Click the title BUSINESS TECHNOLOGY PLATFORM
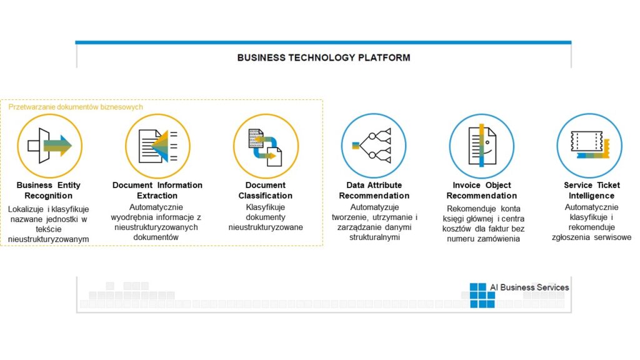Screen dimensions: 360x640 click(x=323, y=57)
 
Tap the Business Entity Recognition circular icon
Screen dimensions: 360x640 click(x=49, y=146)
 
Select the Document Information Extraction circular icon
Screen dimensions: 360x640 click(x=157, y=146)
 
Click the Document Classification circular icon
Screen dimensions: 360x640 click(x=265, y=146)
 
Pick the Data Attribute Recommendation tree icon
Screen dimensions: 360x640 click(x=373, y=146)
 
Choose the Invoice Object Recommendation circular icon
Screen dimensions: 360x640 click(x=481, y=146)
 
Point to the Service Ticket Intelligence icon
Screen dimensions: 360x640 click(x=589, y=146)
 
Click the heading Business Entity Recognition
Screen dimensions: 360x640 click(x=49, y=191)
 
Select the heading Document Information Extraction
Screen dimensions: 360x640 click(x=157, y=191)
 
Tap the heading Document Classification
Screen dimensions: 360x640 click(x=265, y=191)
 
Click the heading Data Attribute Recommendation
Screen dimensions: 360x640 click(x=374, y=191)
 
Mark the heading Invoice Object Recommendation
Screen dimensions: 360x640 click(x=482, y=191)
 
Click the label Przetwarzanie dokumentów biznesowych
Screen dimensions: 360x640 click(x=76, y=107)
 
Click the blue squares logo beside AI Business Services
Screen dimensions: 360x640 click(x=482, y=295)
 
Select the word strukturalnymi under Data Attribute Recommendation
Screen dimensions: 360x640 click(x=374, y=238)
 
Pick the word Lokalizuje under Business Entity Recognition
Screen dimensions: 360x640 click(x=26, y=208)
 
